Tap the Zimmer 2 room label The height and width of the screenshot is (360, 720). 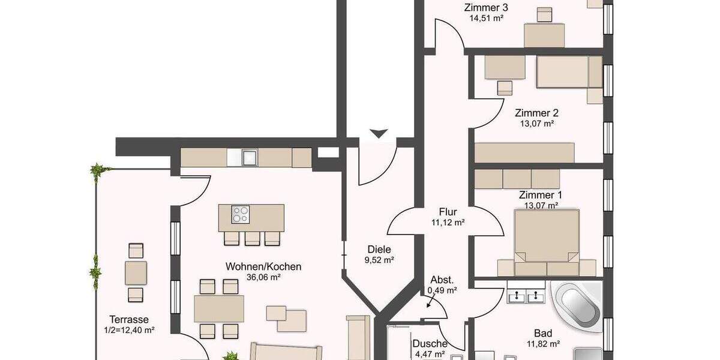pos(533,113)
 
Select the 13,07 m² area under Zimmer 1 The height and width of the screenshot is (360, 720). pos(541,205)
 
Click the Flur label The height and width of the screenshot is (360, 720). pos(448,212)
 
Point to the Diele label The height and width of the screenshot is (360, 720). pos(379,250)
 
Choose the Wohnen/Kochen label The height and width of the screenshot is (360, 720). pos(263,266)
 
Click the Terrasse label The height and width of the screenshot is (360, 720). pos(128,320)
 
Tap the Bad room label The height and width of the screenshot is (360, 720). pos(543,334)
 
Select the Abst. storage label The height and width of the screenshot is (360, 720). pos(442,280)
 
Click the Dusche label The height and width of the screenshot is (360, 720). pos(430,344)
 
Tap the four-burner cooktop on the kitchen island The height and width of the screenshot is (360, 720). pos(241,214)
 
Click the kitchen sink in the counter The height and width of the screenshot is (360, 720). pos(248,158)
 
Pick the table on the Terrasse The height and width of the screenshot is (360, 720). pos(136,273)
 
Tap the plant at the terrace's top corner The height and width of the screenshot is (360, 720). pos(97,172)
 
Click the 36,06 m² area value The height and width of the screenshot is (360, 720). pos(263,277)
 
